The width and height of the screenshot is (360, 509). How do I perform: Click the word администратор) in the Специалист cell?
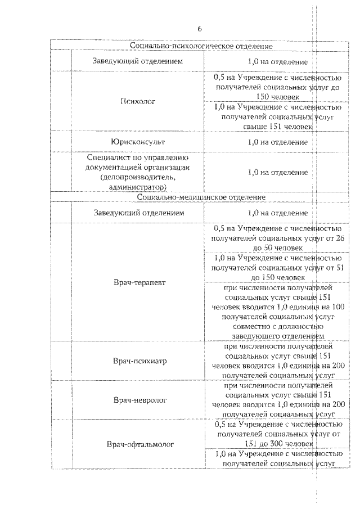(138, 186)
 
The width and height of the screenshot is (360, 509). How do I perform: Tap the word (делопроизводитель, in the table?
(138, 177)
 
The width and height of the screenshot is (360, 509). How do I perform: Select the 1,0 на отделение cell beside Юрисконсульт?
(277, 142)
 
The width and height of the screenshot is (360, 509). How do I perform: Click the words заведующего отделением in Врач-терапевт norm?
(277, 336)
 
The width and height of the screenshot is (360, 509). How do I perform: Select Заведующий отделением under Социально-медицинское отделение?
(138, 213)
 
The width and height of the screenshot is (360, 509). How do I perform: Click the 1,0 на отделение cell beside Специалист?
(277, 172)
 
